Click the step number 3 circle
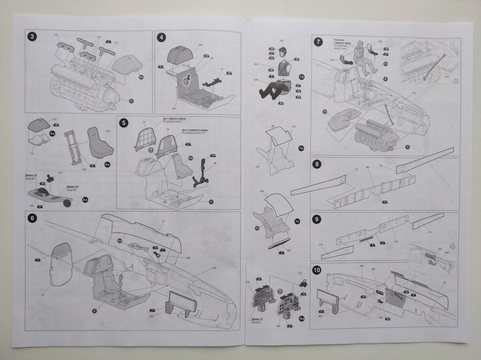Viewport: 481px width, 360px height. pos(32,37)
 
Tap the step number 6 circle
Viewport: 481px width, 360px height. pos(32,218)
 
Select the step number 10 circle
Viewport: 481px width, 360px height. pos(317,270)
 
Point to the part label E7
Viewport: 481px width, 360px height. pos(164,221)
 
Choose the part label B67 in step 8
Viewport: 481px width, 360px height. pos(367,168)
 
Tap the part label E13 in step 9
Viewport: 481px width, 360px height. pos(430,232)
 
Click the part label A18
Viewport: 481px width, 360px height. pos(262,192)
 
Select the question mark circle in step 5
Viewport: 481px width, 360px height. pos(151,150)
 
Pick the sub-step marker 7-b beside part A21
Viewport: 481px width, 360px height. pos(301,148)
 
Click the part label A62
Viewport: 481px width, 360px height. pos(289,251)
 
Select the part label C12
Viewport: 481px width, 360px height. pos(300,273)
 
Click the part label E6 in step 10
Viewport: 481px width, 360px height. pos(444,283)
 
